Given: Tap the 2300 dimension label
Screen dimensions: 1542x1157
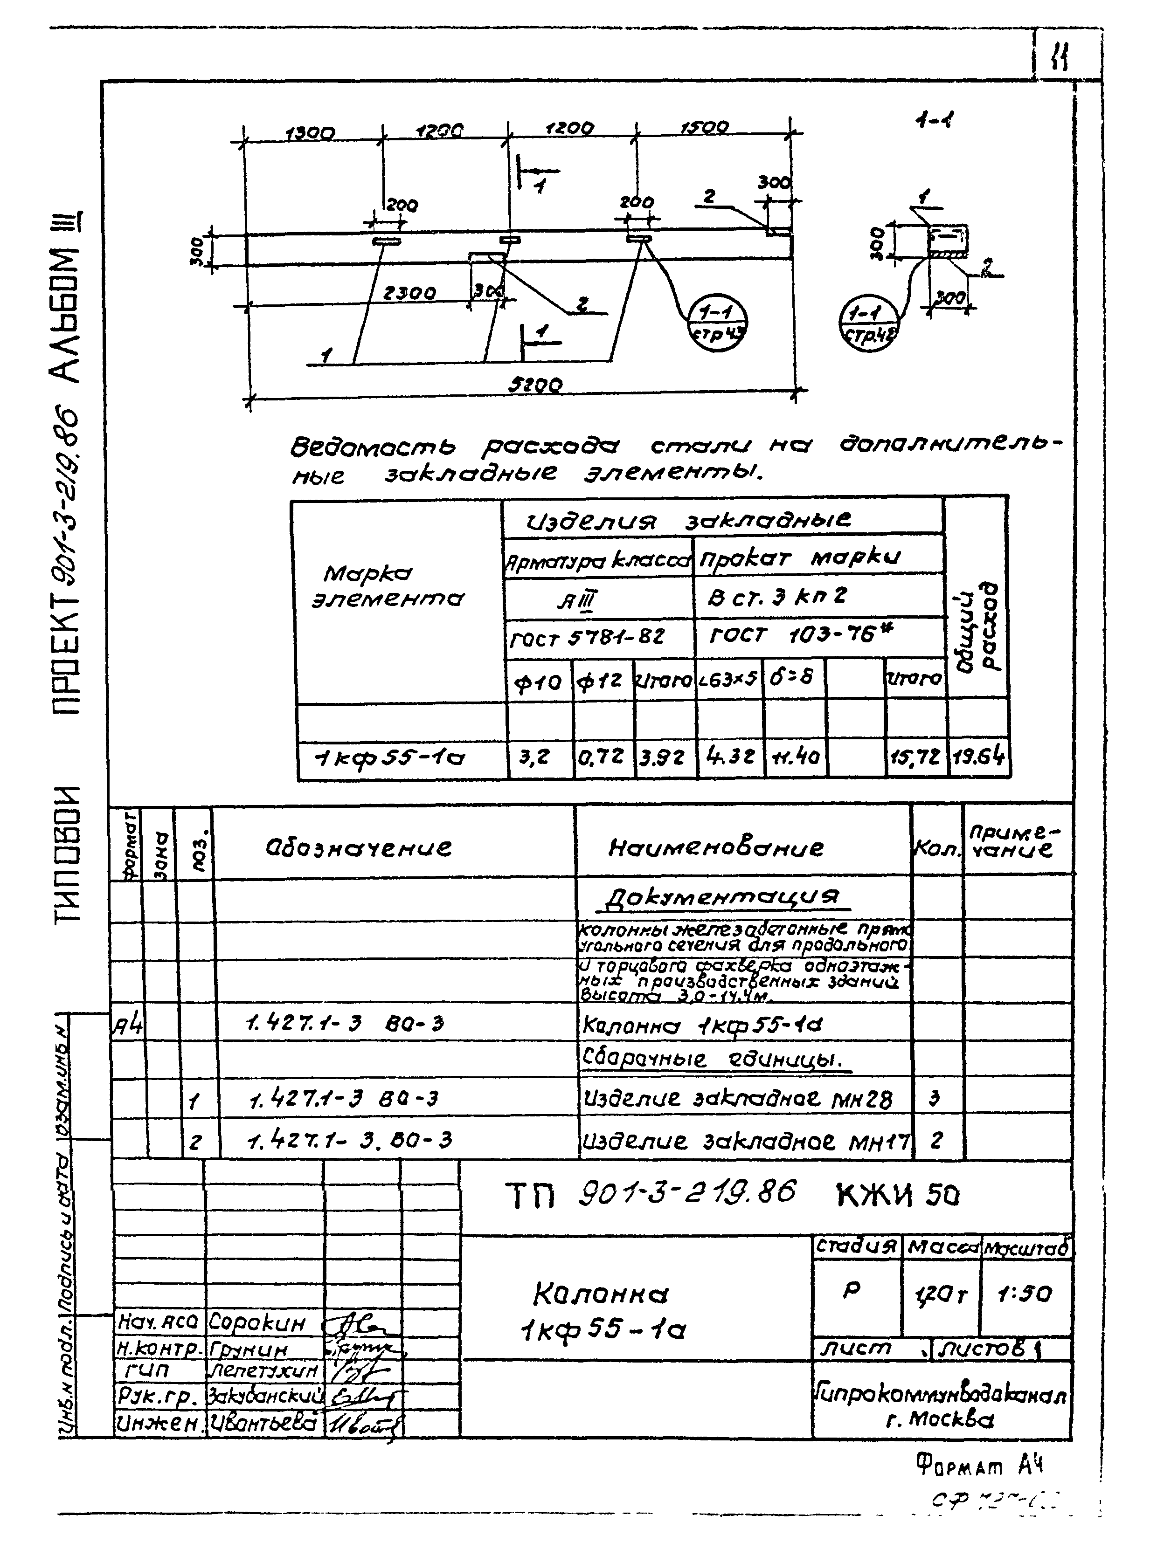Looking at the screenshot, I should point(409,294).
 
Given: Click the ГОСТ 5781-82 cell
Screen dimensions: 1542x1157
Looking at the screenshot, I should point(587,636).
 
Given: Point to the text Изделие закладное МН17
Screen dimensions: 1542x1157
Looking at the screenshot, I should point(745,1141).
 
